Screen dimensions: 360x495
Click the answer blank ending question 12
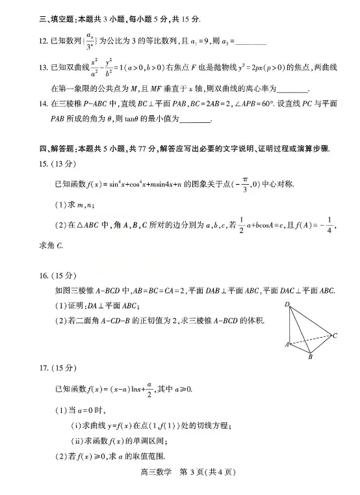tap(248, 43)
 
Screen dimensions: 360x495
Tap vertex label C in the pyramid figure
tap(334, 336)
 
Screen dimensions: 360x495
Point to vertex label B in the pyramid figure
tap(311, 357)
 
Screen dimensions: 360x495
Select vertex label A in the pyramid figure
tap(286, 344)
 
